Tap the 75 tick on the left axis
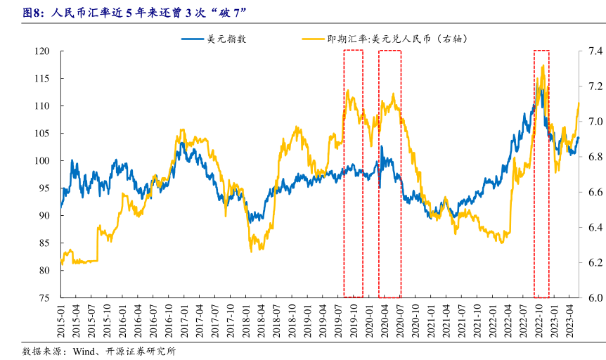[x=44, y=298]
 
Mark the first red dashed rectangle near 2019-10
[x=353, y=173]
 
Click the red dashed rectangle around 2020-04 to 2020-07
[x=389, y=173]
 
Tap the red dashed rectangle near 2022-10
[x=541, y=173]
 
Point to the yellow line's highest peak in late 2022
[x=543, y=65]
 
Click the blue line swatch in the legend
[x=193, y=39]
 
